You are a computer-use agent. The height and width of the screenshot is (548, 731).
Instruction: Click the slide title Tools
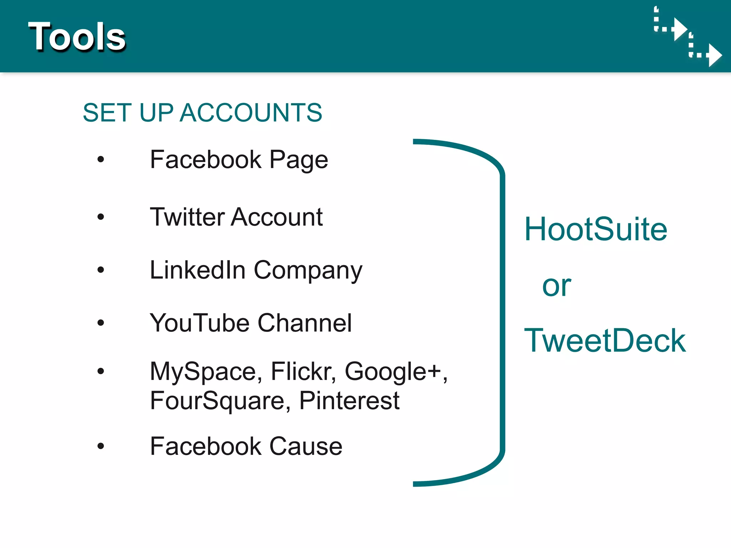pyautogui.click(x=77, y=36)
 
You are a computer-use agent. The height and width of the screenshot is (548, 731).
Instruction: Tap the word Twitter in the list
pyautogui.click(x=187, y=217)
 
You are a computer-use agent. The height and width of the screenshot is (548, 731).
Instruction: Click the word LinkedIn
pyautogui.click(x=197, y=270)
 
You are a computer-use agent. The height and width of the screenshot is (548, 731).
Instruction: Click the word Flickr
pyautogui.click(x=303, y=371)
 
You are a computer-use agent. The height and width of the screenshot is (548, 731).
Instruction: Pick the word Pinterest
pyautogui.click(x=349, y=401)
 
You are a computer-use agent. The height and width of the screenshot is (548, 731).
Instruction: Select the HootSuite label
pyautogui.click(x=595, y=229)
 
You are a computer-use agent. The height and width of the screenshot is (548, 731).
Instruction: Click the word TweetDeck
pyautogui.click(x=605, y=341)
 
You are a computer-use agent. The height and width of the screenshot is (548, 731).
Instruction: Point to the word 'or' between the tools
pyautogui.click(x=556, y=286)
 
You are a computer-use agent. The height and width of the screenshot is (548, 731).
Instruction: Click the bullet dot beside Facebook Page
pyautogui.click(x=101, y=159)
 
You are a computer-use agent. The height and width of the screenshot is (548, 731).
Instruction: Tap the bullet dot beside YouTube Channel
pyautogui.click(x=101, y=323)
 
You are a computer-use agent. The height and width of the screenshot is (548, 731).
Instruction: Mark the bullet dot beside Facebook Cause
pyautogui.click(x=101, y=446)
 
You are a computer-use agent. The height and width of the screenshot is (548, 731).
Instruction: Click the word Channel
pyautogui.click(x=304, y=323)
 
